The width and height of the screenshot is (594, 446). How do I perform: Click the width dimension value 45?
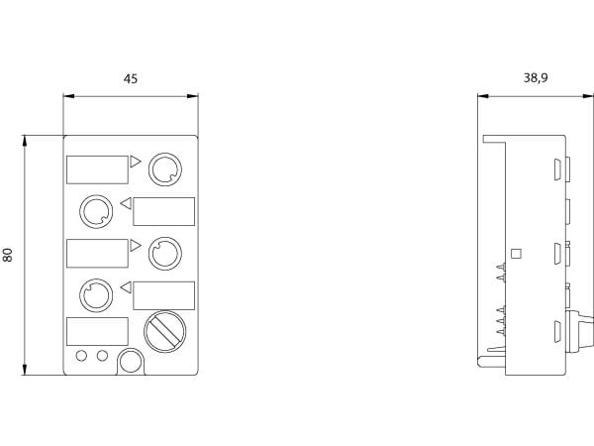(x=131, y=79)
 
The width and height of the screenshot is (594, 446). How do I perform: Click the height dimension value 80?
(x=8, y=255)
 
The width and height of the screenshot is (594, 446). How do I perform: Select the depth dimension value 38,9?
(x=536, y=78)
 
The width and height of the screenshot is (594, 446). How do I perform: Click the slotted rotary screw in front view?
(x=164, y=331)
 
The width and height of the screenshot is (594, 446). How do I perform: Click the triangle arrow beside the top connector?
(x=135, y=162)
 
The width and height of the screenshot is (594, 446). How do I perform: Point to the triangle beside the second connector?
(x=127, y=203)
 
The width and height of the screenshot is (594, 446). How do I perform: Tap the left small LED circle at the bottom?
(x=81, y=356)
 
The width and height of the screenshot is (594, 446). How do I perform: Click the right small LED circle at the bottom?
(x=102, y=356)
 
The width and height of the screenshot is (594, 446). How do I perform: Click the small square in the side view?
(x=516, y=254)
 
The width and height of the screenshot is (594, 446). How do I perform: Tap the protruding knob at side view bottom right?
(x=579, y=330)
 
